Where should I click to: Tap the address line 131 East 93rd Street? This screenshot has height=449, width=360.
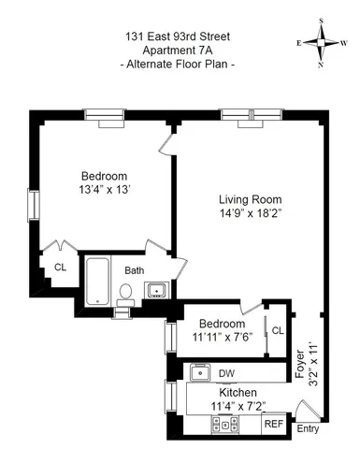point(180,36)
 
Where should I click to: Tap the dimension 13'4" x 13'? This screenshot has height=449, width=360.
point(104,191)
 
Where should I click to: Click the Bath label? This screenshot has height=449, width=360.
point(135,270)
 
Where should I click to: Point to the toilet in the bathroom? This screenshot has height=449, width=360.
point(125,292)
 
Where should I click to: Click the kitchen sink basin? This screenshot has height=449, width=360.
point(198,373)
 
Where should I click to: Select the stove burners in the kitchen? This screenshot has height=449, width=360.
point(224,424)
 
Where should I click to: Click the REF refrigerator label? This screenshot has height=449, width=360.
point(273,424)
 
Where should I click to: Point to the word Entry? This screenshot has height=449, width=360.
point(307,430)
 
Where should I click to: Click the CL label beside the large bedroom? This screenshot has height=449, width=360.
point(60,267)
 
